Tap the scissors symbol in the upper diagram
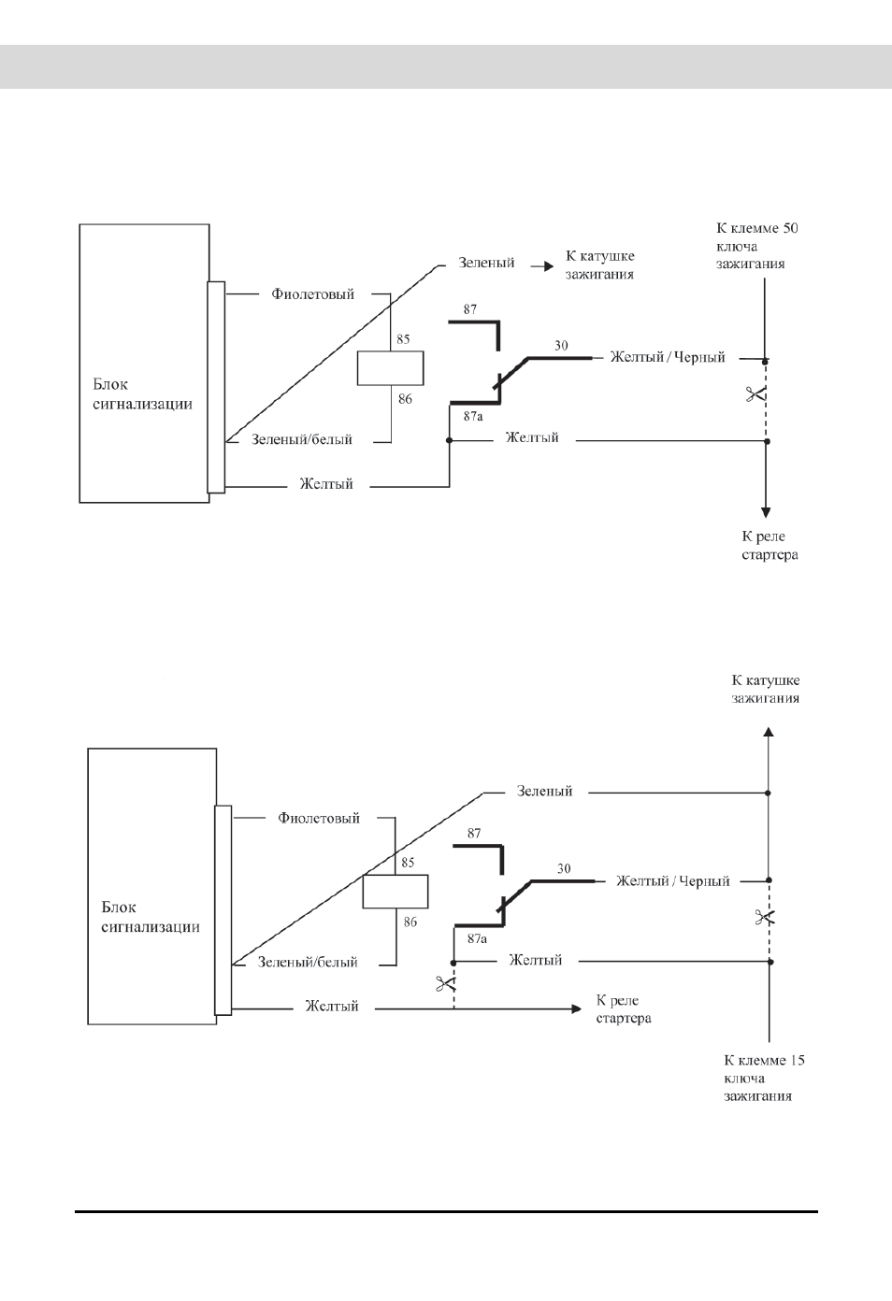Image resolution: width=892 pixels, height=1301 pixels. click(x=755, y=395)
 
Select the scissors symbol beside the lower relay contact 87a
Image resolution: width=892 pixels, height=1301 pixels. click(x=445, y=983)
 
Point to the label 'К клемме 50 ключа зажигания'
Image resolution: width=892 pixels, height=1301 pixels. click(x=756, y=246)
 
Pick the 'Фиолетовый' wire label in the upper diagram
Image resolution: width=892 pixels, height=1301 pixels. click(x=312, y=293)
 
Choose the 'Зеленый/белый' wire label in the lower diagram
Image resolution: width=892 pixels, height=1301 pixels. click(x=308, y=962)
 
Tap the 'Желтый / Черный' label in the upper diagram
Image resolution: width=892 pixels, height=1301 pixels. click(x=668, y=357)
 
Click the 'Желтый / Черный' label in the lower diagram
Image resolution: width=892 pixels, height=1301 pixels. click(x=673, y=880)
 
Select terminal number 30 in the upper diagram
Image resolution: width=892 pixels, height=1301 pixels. click(x=561, y=346)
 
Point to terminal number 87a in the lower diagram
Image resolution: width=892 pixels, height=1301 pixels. click(x=477, y=938)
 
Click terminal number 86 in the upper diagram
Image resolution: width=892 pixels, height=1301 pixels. click(x=405, y=399)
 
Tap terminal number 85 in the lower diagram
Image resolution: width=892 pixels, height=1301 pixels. click(x=408, y=863)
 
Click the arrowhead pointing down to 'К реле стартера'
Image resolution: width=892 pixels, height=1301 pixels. click(x=766, y=512)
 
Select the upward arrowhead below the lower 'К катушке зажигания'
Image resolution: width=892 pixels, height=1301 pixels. click(x=769, y=732)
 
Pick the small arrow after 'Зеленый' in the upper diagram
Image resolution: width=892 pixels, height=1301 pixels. click(x=541, y=266)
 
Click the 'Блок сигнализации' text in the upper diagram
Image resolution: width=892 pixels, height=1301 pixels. click(x=142, y=393)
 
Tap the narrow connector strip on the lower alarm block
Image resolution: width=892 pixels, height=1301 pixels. click(x=223, y=910)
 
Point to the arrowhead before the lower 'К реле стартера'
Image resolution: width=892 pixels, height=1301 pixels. click(x=577, y=1008)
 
